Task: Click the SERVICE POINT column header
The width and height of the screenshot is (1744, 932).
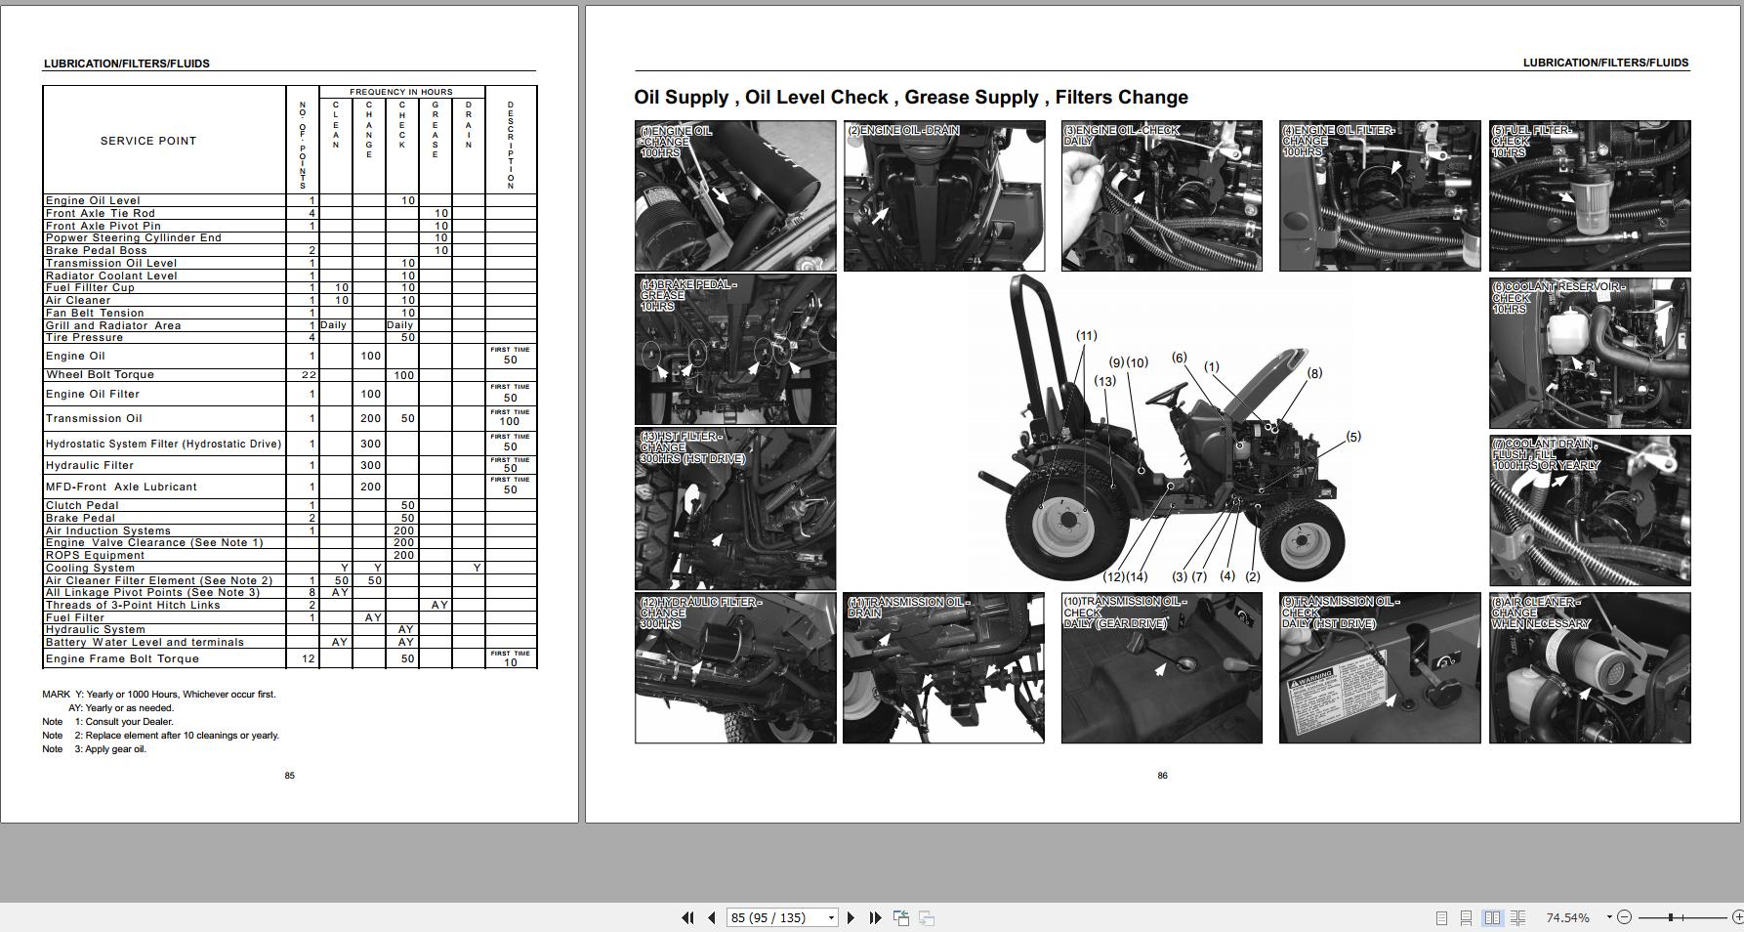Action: click(x=148, y=141)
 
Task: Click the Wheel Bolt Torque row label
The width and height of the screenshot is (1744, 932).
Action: click(x=100, y=375)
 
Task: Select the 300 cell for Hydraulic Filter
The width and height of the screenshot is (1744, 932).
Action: click(x=370, y=466)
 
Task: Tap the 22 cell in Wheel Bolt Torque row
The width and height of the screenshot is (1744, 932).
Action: click(x=309, y=375)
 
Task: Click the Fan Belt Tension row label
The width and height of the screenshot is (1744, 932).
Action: click(x=95, y=314)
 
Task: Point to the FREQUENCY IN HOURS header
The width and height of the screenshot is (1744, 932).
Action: click(x=400, y=92)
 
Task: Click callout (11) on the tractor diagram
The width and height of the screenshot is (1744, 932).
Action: click(x=1086, y=336)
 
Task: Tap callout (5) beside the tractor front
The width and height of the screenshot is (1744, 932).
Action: click(x=1352, y=437)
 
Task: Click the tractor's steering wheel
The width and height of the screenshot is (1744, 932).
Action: click(x=1167, y=395)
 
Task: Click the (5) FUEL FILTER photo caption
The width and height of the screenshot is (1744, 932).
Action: click(x=1532, y=142)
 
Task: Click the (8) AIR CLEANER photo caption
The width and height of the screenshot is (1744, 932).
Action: click(x=1540, y=614)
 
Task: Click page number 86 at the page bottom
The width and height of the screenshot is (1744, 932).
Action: click(x=1162, y=776)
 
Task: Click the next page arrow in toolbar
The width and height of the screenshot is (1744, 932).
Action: click(x=851, y=917)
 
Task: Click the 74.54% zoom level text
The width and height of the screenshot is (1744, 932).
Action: click(x=1567, y=917)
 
